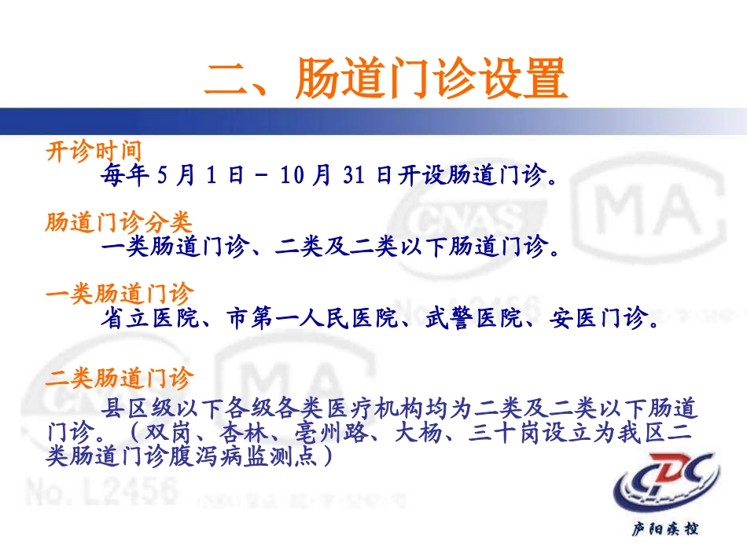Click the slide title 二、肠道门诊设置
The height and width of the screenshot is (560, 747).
(385, 79)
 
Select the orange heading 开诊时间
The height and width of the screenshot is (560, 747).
(94, 152)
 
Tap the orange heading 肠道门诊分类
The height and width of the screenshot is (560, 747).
(119, 223)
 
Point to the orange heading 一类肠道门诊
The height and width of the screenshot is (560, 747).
(119, 295)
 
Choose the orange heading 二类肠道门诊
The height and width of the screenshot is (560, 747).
(119, 379)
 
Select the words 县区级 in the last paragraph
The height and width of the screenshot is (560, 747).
(136, 409)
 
